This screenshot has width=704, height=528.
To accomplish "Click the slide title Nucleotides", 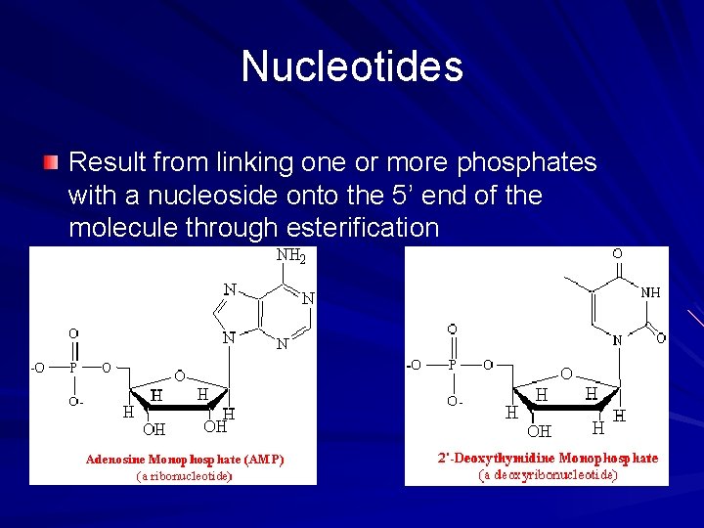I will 352,66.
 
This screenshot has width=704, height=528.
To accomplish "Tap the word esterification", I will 363,228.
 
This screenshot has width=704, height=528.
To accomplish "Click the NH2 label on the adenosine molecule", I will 291,257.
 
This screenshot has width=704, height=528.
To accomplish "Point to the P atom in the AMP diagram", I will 73,368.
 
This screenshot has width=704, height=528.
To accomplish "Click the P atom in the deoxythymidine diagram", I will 452,366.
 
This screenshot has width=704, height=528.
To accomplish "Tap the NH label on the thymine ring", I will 649,291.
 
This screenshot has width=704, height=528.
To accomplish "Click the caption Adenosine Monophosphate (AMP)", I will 185,459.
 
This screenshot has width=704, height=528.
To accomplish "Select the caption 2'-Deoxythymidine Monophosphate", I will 548,458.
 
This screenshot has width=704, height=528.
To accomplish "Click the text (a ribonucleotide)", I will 184,476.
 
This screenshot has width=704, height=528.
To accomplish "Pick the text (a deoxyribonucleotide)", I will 548,475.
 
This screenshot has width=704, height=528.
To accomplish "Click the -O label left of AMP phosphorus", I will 37,369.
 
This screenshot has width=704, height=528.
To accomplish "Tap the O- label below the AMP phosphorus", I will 74,402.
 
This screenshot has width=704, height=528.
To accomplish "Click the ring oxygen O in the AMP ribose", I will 179,374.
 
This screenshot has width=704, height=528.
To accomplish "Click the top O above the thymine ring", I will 616,254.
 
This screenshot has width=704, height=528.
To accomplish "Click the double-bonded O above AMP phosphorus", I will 74,332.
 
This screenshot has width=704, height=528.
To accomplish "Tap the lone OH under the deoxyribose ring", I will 539,430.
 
